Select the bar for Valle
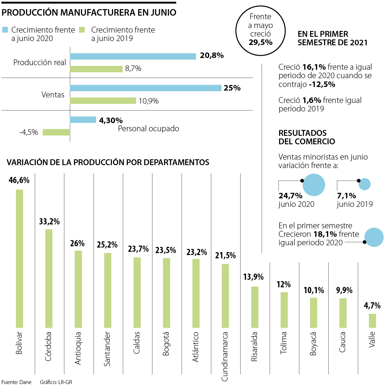pyautogui.click(x=372, y=321)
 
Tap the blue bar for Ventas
pyautogui.click(x=146, y=88)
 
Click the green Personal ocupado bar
pyautogui.click(x=56, y=132)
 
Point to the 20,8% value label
pyautogui.click(x=212, y=56)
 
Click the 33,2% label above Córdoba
pyautogui.click(x=49, y=222)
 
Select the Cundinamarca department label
pyautogui.click(x=225, y=356)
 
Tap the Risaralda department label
pyautogui.click(x=254, y=347)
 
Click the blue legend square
pyautogui.click(x=5, y=30)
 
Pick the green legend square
pyautogui.click(x=82, y=30)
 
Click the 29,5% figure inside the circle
pyautogui.click(x=260, y=42)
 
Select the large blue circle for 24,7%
pyautogui.click(x=314, y=185)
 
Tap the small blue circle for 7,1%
pyautogui.click(x=365, y=184)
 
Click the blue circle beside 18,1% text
pyautogui.click(x=374, y=237)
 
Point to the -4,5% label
pyautogui.click(x=29, y=132)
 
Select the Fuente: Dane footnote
pyautogui.click(x=17, y=382)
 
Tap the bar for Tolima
pyautogui.click(x=284, y=309)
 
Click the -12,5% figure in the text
pyautogui.click(x=322, y=84)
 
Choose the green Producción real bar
pyautogui.click(x=96, y=69)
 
